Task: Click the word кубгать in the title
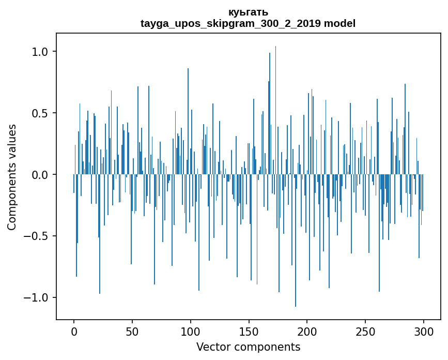click(248, 12)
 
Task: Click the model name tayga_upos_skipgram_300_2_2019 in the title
click(231, 24)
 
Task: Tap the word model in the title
click(340, 24)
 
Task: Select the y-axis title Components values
click(12, 177)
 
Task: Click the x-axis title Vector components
click(248, 347)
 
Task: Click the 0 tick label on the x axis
click(74, 331)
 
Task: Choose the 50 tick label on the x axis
click(132, 331)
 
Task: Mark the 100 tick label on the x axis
click(191, 331)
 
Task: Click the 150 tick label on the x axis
click(249, 331)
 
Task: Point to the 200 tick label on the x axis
click(307, 331)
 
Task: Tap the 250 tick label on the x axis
click(365, 331)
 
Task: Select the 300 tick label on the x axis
click(424, 331)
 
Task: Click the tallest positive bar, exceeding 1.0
click(275, 103)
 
